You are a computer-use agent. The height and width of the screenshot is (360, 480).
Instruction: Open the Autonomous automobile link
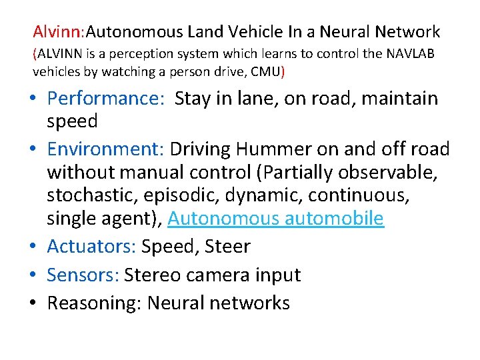pyautogui.click(x=276, y=218)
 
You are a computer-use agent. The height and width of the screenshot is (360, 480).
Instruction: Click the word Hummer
pyautogui.click(x=265, y=149)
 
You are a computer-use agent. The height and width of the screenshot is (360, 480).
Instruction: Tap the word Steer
pyautogui.click(x=227, y=246)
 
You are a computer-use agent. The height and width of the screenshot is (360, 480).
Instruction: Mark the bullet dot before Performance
pyautogui.click(x=32, y=99)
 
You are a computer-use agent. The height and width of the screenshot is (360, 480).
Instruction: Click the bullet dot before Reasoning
pyautogui.click(x=32, y=304)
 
